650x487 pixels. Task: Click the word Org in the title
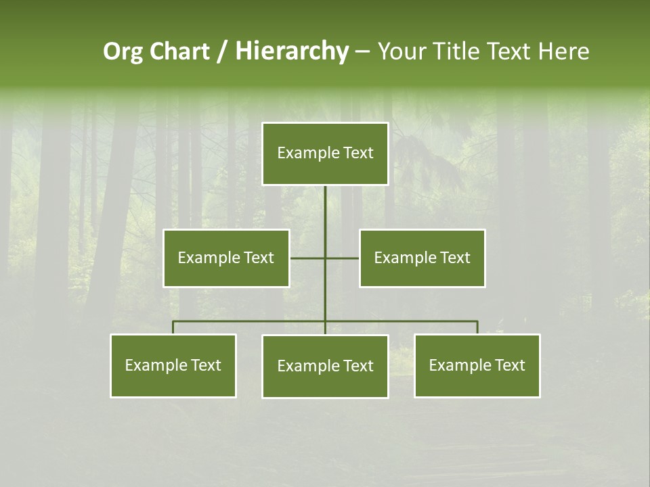(123, 51)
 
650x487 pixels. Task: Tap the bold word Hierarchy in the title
(291, 51)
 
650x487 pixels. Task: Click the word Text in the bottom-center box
(357, 367)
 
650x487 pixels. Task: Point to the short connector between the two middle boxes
(308, 258)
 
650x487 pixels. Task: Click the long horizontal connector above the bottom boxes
(251, 321)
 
